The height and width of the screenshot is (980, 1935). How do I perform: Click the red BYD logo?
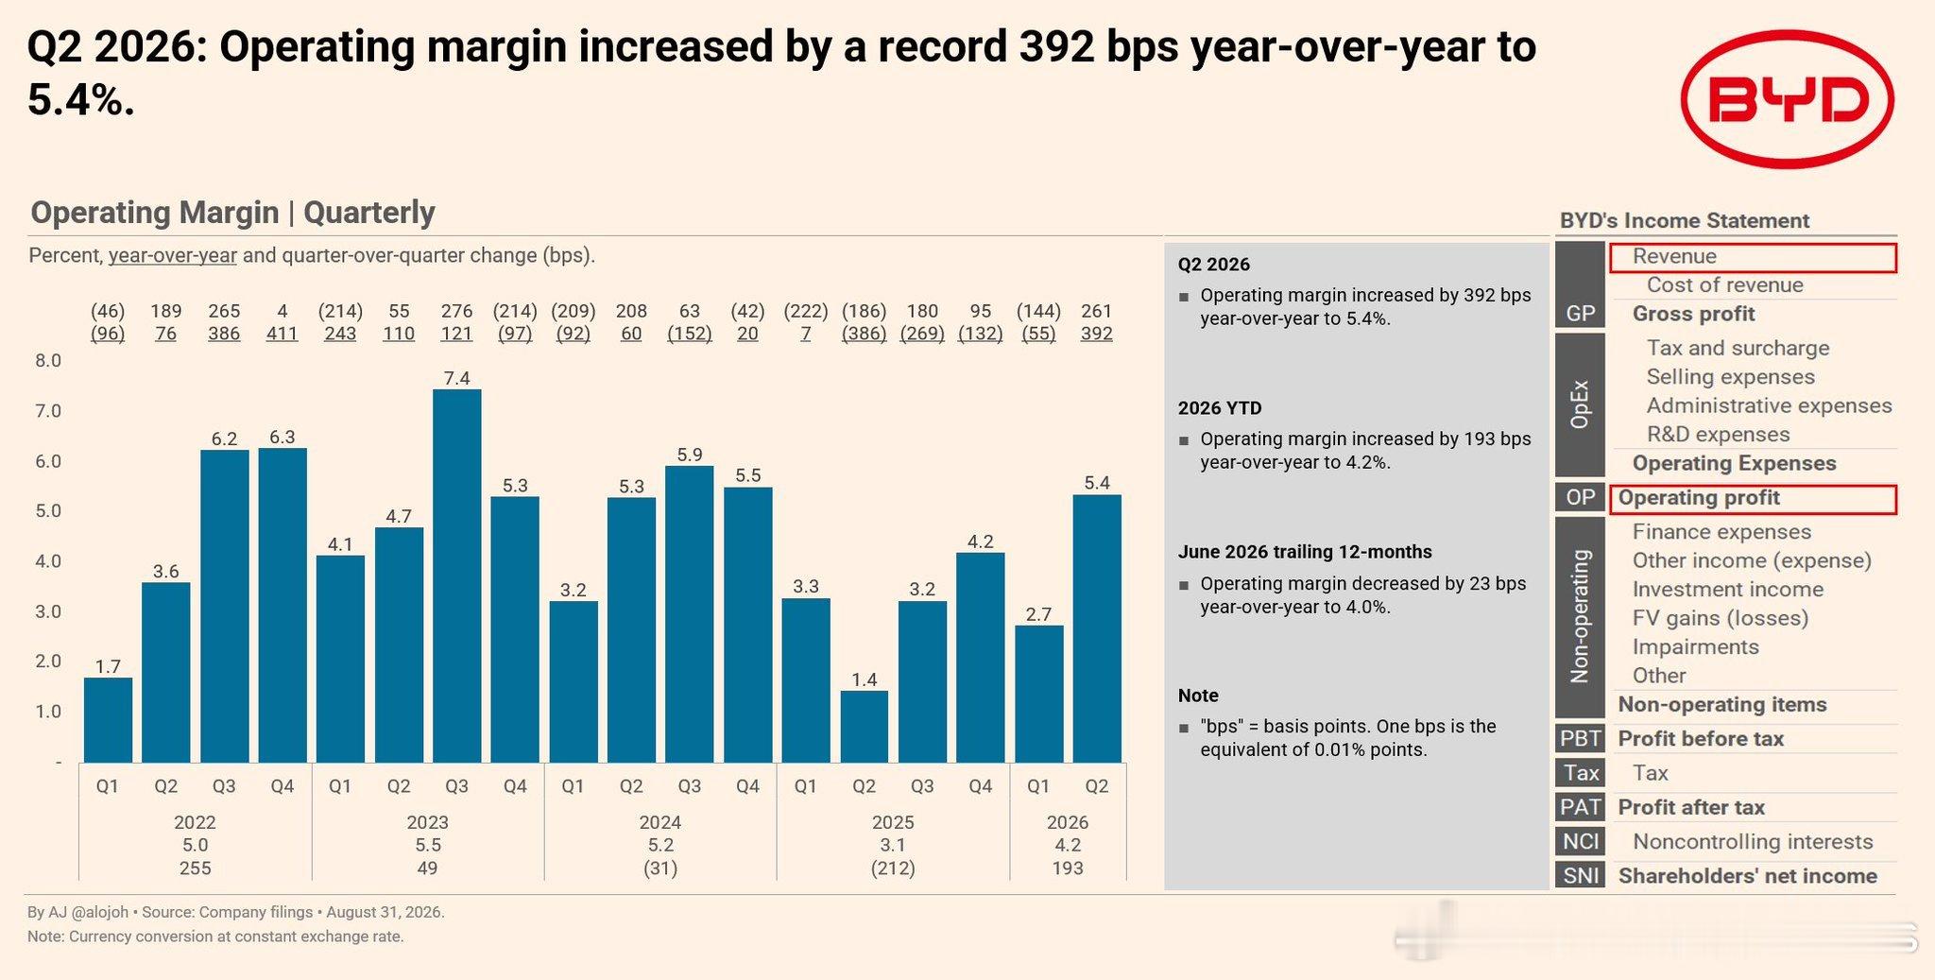(1787, 99)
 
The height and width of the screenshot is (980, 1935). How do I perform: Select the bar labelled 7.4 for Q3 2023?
(457, 576)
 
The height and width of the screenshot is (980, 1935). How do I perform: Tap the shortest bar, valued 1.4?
(865, 727)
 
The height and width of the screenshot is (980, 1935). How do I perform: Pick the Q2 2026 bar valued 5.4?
(1097, 628)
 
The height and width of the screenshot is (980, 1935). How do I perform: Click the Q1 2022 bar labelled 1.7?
(108, 720)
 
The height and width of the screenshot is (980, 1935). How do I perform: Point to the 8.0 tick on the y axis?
(48, 361)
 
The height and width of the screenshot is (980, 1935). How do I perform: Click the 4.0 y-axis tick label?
(48, 561)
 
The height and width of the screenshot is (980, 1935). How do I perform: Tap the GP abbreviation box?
(1580, 314)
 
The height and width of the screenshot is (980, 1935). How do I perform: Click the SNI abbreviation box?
(1580, 875)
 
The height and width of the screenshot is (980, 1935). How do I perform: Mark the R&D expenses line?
(1718, 435)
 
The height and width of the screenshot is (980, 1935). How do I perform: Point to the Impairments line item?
(1695, 647)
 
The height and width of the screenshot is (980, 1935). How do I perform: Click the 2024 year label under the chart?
(660, 822)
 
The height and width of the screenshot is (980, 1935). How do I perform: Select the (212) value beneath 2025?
(893, 868)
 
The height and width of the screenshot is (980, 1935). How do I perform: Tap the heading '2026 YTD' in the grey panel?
(1220, 408)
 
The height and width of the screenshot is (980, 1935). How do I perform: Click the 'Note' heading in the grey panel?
(1198, 696)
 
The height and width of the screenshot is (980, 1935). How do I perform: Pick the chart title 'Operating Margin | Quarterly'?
(232, 213)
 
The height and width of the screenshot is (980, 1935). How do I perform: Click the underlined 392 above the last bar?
(1097, 334)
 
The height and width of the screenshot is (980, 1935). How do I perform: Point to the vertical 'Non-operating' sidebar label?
(1580, 616)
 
